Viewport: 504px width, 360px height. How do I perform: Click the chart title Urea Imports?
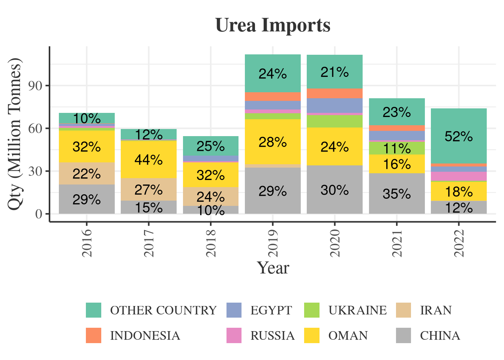tap(273, 25)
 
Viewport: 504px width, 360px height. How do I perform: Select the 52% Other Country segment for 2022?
tap(459, 136)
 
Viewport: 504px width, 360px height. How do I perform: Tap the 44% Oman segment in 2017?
tap(148, 159)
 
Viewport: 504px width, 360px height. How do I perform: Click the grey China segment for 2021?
tap(397, 193)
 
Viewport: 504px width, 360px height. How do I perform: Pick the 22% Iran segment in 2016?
tap(87, 174)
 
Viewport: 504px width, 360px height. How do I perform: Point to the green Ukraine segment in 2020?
tap(334, 121)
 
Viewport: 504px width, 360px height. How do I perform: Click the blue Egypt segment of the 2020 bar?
tap(334, 105)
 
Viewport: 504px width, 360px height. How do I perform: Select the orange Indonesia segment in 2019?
tap(273, 96)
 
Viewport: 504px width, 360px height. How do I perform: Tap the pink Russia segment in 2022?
tap(459, 176)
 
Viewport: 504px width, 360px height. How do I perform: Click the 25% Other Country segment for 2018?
tap(210, 146)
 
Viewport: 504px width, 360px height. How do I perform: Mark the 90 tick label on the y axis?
tap(36, 85)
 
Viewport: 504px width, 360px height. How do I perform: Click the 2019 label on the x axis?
tap(273, 243)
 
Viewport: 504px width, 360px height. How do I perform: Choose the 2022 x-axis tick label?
tap(459, 243)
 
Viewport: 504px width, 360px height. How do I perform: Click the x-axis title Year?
tap(273, 268)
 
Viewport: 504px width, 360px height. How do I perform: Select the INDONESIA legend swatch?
tap(93, 335)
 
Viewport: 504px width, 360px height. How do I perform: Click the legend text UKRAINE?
tap(357, 310)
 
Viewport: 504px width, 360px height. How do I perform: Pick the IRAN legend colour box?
tap(403, 310)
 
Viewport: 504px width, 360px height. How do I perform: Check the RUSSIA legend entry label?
tap(273, 336)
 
